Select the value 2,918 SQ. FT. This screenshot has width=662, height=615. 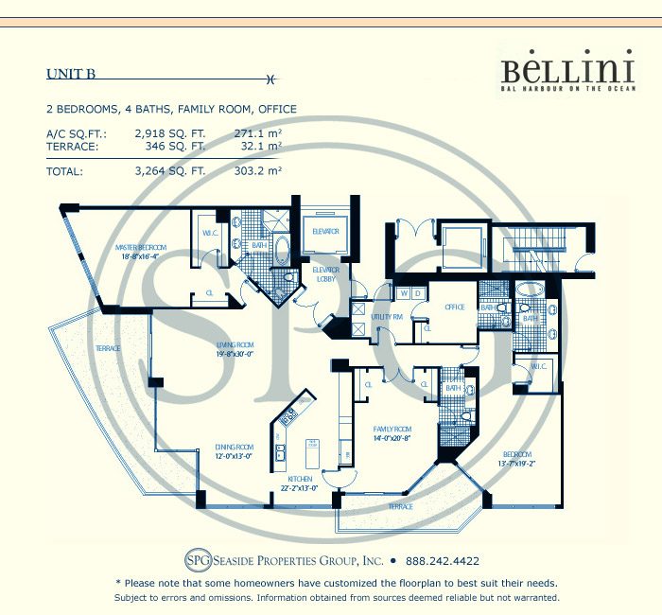[170, 134]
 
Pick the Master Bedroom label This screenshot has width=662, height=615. [141, 251]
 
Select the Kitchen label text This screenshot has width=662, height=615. [300, 480]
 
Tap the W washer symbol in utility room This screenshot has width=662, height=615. [403, 292]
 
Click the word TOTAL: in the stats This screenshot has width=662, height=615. [64, 172]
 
